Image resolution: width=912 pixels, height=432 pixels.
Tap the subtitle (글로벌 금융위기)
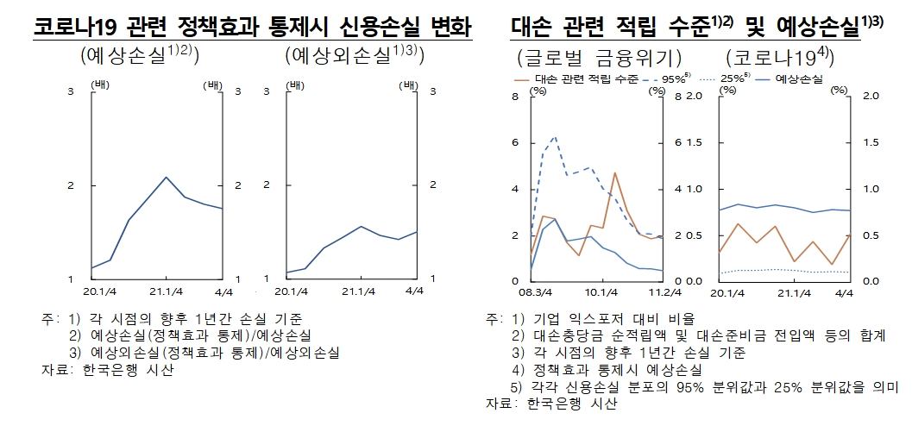601,59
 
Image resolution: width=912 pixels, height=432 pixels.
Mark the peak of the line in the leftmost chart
166,177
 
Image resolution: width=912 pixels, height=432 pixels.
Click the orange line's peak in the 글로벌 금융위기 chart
614,173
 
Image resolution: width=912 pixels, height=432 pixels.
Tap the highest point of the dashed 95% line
554,136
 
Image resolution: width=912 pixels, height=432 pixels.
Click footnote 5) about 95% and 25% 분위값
699,387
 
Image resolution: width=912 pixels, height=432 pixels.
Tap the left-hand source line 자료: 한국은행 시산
107,370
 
